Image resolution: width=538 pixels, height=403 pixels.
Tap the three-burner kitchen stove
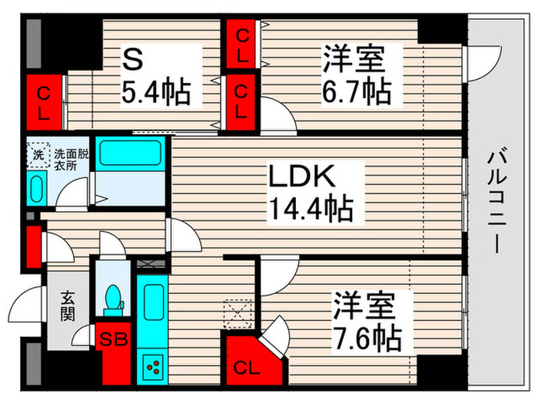point(152,365)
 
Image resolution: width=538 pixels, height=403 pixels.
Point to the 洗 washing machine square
point(38,154)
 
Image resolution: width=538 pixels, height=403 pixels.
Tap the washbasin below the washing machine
point(36,187)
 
